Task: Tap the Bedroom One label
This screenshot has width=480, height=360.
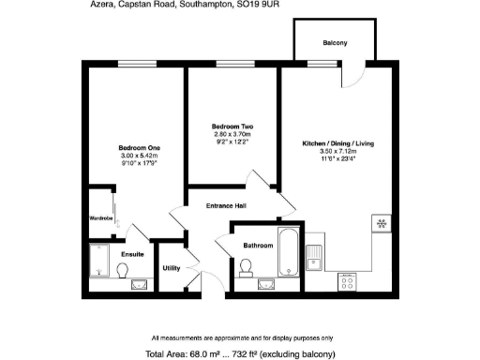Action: pos(139,148)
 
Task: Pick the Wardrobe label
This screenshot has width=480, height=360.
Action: pos(101,218)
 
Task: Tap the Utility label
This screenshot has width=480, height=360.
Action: pos(172,268)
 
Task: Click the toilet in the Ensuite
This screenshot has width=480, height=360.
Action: pos(123,269)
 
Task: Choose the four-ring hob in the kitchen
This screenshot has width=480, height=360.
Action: pos(347,279)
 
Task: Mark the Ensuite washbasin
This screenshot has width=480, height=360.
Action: pos(141,283)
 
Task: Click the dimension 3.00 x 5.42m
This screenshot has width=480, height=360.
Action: pos(139,156)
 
